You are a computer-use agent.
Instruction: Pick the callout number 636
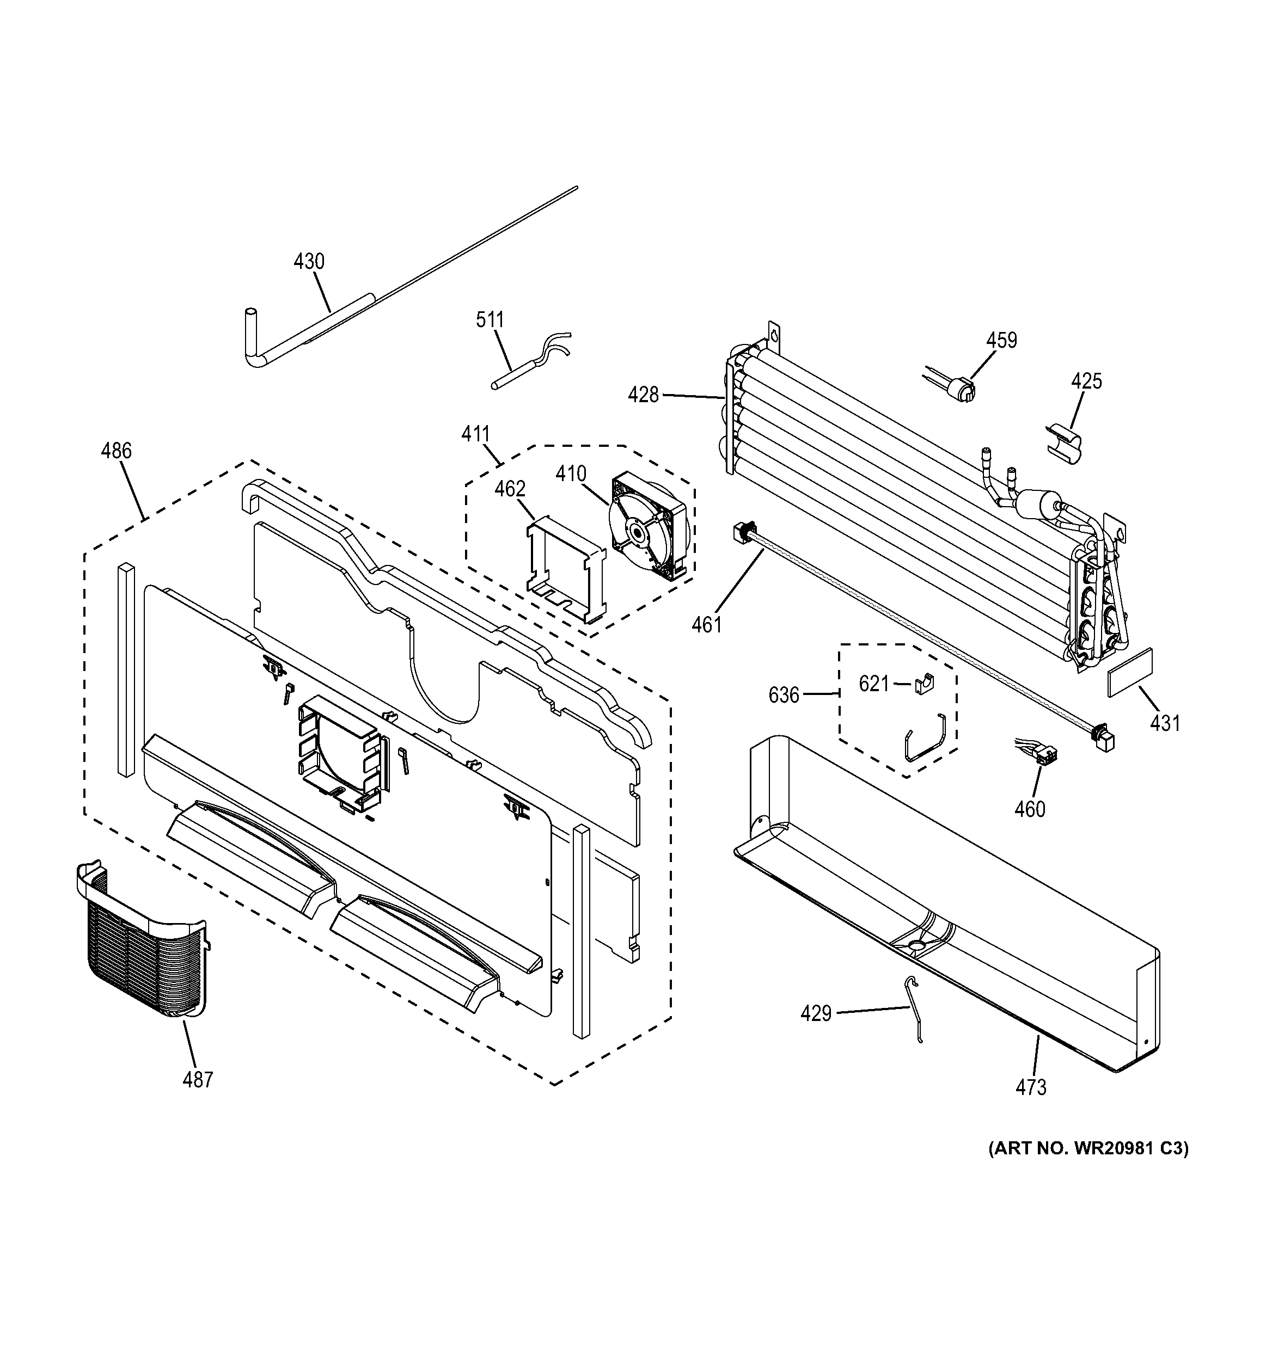(784, 694)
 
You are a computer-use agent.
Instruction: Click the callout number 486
(116, 451)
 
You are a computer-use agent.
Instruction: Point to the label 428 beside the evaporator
(643, 395)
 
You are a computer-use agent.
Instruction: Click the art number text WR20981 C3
(1088, 1148)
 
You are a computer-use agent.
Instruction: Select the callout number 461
(706, 624)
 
